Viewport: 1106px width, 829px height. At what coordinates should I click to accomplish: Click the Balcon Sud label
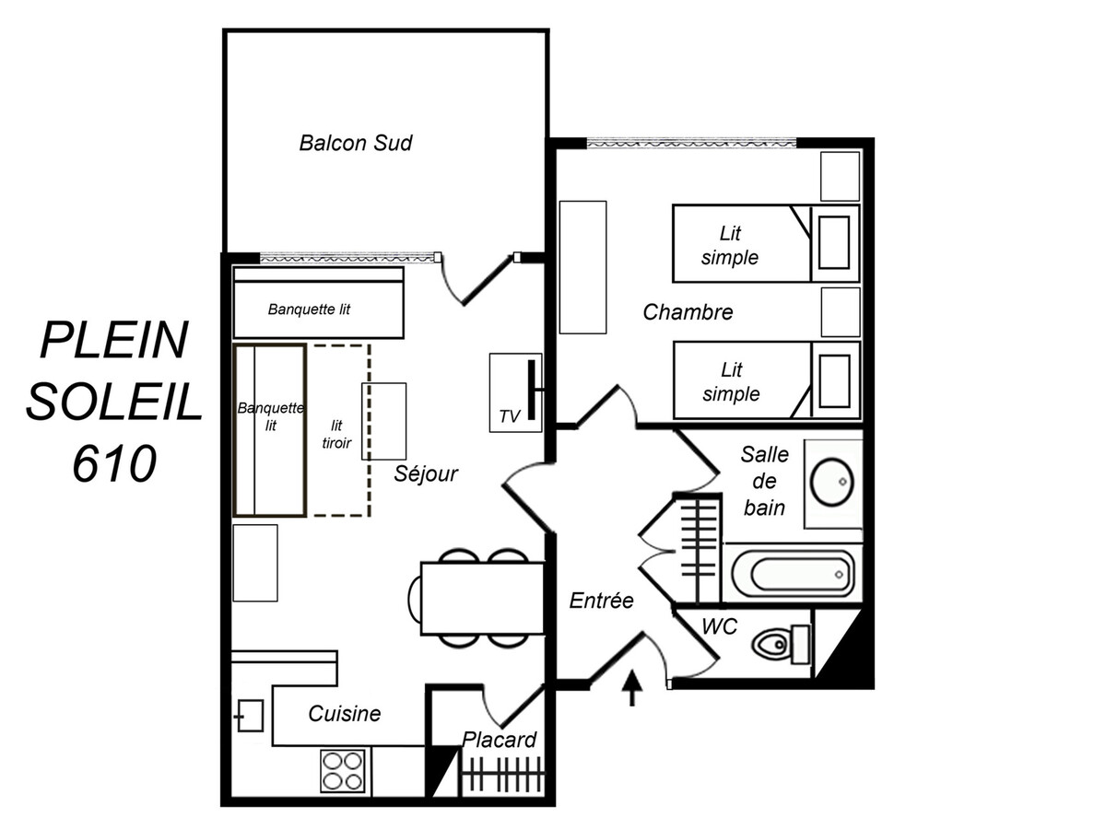[x=356, y=144]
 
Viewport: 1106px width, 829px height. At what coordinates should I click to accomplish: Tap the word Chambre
[x=688, y=312]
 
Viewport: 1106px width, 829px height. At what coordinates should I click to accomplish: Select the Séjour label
[x=426, y=473]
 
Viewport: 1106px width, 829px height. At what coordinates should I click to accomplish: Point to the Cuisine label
[x=345, y=714]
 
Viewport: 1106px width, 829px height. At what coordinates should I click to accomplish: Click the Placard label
[x=500, y=740]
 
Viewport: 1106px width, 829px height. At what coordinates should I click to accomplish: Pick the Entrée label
[x=601, y=600]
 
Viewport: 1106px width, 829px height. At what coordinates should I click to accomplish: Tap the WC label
[x=720, y=626]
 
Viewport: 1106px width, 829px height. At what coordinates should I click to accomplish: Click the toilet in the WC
[x=782, y=644]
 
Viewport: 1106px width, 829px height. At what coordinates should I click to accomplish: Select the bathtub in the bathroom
[x=793, y=574]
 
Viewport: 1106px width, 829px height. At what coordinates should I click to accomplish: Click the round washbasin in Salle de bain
[x=832, y=482]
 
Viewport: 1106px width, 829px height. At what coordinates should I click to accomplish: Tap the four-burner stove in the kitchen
[x=343, y=771]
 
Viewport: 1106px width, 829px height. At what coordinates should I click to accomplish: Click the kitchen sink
[x=250, y=716]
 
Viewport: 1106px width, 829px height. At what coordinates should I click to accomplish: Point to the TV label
[x=510, y=416]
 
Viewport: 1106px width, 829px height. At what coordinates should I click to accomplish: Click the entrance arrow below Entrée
[x=632, y=687]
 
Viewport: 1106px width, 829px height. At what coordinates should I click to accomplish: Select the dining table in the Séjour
[x=483, y=598]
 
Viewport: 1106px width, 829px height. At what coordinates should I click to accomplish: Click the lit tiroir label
[x=336, y=435]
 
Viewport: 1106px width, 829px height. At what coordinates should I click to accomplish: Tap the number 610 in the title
[x=115, y=463]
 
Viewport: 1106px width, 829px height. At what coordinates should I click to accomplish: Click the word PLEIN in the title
[x=114, y=340]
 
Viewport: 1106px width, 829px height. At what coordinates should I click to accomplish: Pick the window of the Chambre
[x=691, y=144]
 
